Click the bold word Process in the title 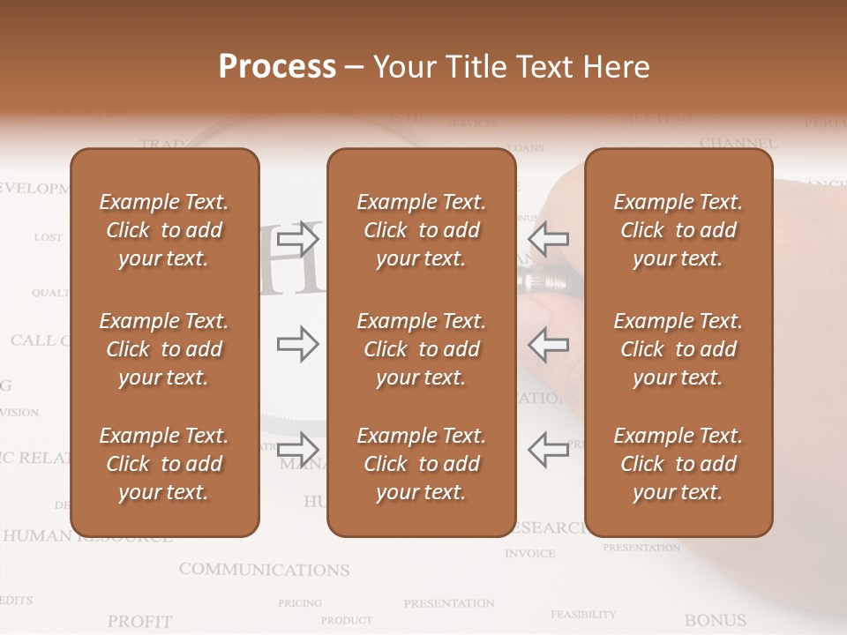tap(277, 67)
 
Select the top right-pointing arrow tap(298, 238)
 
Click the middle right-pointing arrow tap(298, 344)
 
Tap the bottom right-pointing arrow tap(298, 449)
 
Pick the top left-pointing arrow tap(548, 238)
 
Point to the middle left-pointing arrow tap(548, 344)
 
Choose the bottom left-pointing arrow tap(548, 449)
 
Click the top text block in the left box tap(164, 230)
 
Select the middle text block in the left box tap(164, 349)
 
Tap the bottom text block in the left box tap(164, 464)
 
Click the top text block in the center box tap(421, 230)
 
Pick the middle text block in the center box tap(421, 349)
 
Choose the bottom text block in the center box tap(421, 464)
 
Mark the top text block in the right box tap(678, 230)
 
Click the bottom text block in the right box tap(678, 464)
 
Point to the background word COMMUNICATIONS tap(264, 570)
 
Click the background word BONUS tap(715, 620)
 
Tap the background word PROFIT tap(139, 622)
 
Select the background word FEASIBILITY tap(583, 614)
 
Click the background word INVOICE tap(530, 554)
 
